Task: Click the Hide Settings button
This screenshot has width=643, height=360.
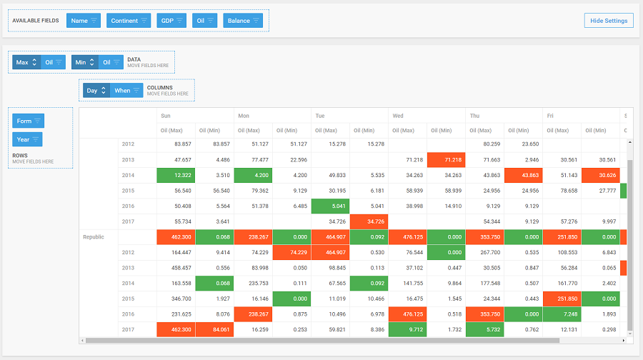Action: (608, 21)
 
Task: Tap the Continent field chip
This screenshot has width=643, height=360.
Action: (129, 21)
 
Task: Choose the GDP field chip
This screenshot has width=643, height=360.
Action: (171, 21)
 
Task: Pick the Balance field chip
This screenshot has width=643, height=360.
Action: (243, 21)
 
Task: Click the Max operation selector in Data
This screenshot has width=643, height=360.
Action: (26, 62)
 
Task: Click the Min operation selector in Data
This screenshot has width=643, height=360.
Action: (85, 62)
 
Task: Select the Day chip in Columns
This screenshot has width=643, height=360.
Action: (96, 91)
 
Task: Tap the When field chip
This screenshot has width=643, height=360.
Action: (126, 91)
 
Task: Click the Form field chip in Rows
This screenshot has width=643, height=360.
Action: (28, 121)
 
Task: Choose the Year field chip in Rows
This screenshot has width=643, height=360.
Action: (27, 139)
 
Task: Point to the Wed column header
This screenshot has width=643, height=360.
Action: (398, 115)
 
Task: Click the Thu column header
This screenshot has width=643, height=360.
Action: (475, 115)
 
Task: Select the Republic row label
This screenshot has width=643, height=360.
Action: (94, 236)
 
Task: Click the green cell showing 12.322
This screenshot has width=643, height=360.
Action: (176, 175)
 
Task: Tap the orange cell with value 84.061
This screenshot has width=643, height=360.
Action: (214, 329)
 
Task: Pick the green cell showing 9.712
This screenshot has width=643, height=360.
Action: (407, 329)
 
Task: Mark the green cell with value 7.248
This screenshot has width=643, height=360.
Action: (562, 314)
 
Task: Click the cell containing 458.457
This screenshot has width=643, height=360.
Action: (176, 267)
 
